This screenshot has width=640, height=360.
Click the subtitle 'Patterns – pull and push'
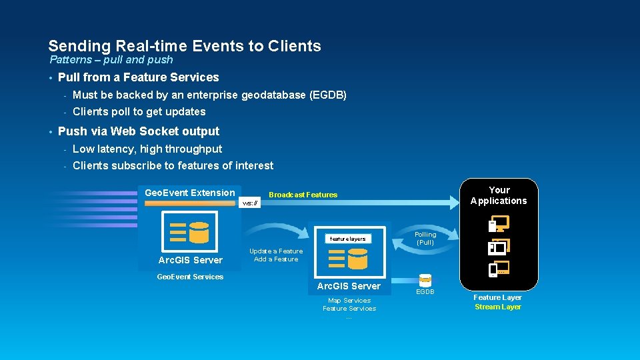point(111,60)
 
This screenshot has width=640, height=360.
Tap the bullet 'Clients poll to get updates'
point(139,111)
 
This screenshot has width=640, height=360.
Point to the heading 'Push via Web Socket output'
point(138,131)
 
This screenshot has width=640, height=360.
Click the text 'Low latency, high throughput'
point(147,149)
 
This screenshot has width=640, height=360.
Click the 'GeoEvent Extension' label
point(189,193)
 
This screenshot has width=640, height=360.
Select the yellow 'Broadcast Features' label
point(303,195)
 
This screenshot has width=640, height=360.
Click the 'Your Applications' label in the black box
point(498,195)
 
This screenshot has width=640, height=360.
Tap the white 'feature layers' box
point(347,239)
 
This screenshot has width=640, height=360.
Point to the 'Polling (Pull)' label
point(425,238)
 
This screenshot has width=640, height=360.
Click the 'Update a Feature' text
point(275,251)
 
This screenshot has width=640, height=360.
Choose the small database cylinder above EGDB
point(425,281)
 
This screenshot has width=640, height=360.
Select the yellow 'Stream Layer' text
point(497,307)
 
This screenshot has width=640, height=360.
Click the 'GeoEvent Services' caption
point(189,277)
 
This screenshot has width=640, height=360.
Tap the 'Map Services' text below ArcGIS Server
point(349,301)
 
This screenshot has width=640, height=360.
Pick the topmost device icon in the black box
point(497,225)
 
